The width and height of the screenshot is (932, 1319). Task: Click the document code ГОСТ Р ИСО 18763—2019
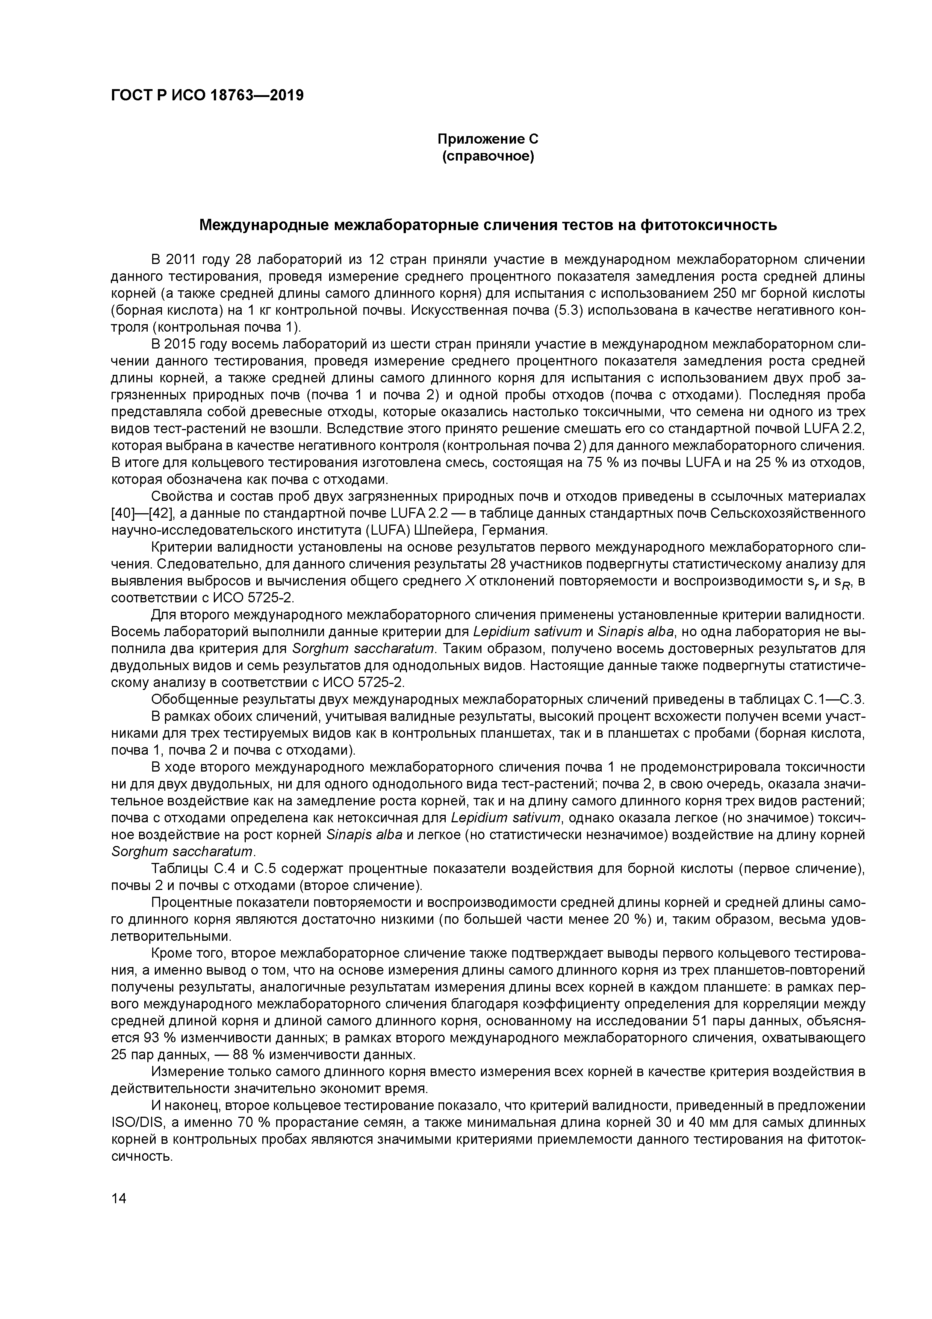(207, 95)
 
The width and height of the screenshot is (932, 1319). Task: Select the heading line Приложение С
(488, 139)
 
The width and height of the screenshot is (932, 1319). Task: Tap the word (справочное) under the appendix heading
(488, 156)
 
